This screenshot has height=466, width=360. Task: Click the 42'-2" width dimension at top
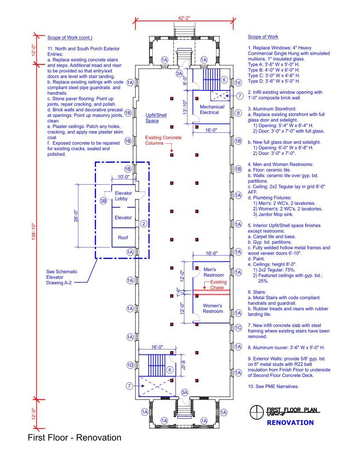tap(184, 18)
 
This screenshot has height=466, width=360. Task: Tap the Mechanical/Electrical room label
tap(212, 109)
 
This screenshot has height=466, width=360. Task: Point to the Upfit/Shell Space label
tap(156, 118)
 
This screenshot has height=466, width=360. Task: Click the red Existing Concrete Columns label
tap(163, 140)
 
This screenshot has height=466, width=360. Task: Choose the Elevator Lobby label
tap(124, 196)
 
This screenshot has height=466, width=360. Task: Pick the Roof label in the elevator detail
tap(123, 237)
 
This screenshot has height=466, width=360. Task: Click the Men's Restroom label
tap(214, 272)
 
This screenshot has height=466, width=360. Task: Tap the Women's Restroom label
tap(213, 308)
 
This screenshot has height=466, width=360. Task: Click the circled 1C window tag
tap(238, 327)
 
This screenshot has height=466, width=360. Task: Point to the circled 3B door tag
tap(104, 201)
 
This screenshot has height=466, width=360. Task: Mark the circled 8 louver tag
tap(238, 113)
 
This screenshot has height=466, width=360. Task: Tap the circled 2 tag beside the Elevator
tap(143, 224)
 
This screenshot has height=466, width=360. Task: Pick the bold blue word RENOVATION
tap(290, 423)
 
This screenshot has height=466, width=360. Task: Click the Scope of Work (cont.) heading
tap(70, 37)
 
